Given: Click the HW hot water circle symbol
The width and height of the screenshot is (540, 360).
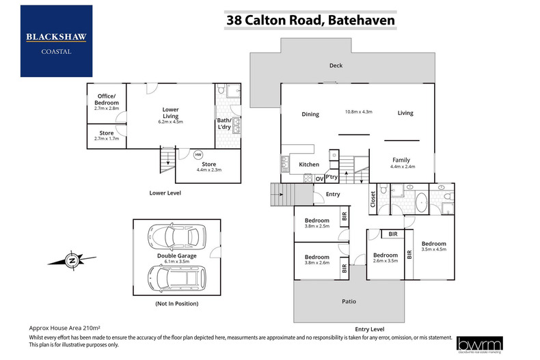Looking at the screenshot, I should point(198,154).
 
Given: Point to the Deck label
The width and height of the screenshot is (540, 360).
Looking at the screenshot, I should point(335,66).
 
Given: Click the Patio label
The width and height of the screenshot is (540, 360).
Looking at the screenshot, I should point(349,301).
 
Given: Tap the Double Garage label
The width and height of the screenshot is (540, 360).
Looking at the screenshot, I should point(176,256).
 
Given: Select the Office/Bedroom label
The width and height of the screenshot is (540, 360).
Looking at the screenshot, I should point(106,99).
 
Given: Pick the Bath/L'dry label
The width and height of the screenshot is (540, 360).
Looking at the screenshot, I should point(225,122).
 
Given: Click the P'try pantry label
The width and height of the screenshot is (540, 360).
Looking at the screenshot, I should point(332,178).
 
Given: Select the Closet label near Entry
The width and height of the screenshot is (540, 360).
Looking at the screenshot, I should point(373,198).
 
